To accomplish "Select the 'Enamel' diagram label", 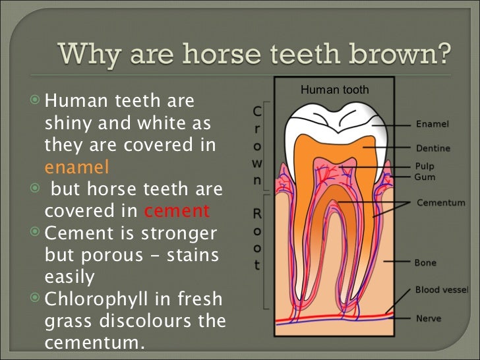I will (x=433, y=124).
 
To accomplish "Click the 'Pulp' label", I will (x=425, y=166).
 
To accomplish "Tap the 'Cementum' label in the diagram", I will (x=441, y=203).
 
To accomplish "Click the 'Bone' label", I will (x=425, y=262).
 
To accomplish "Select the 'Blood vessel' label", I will (x=442, y=289).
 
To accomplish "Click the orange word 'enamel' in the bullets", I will (x=76, y=165).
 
